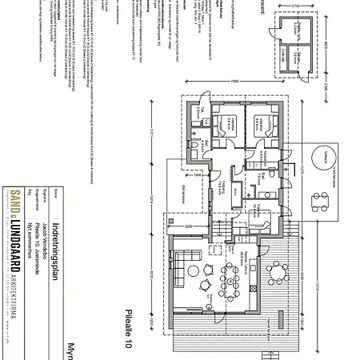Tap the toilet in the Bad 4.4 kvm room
(x=194, y=149)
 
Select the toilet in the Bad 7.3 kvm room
(x=273, y=173)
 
